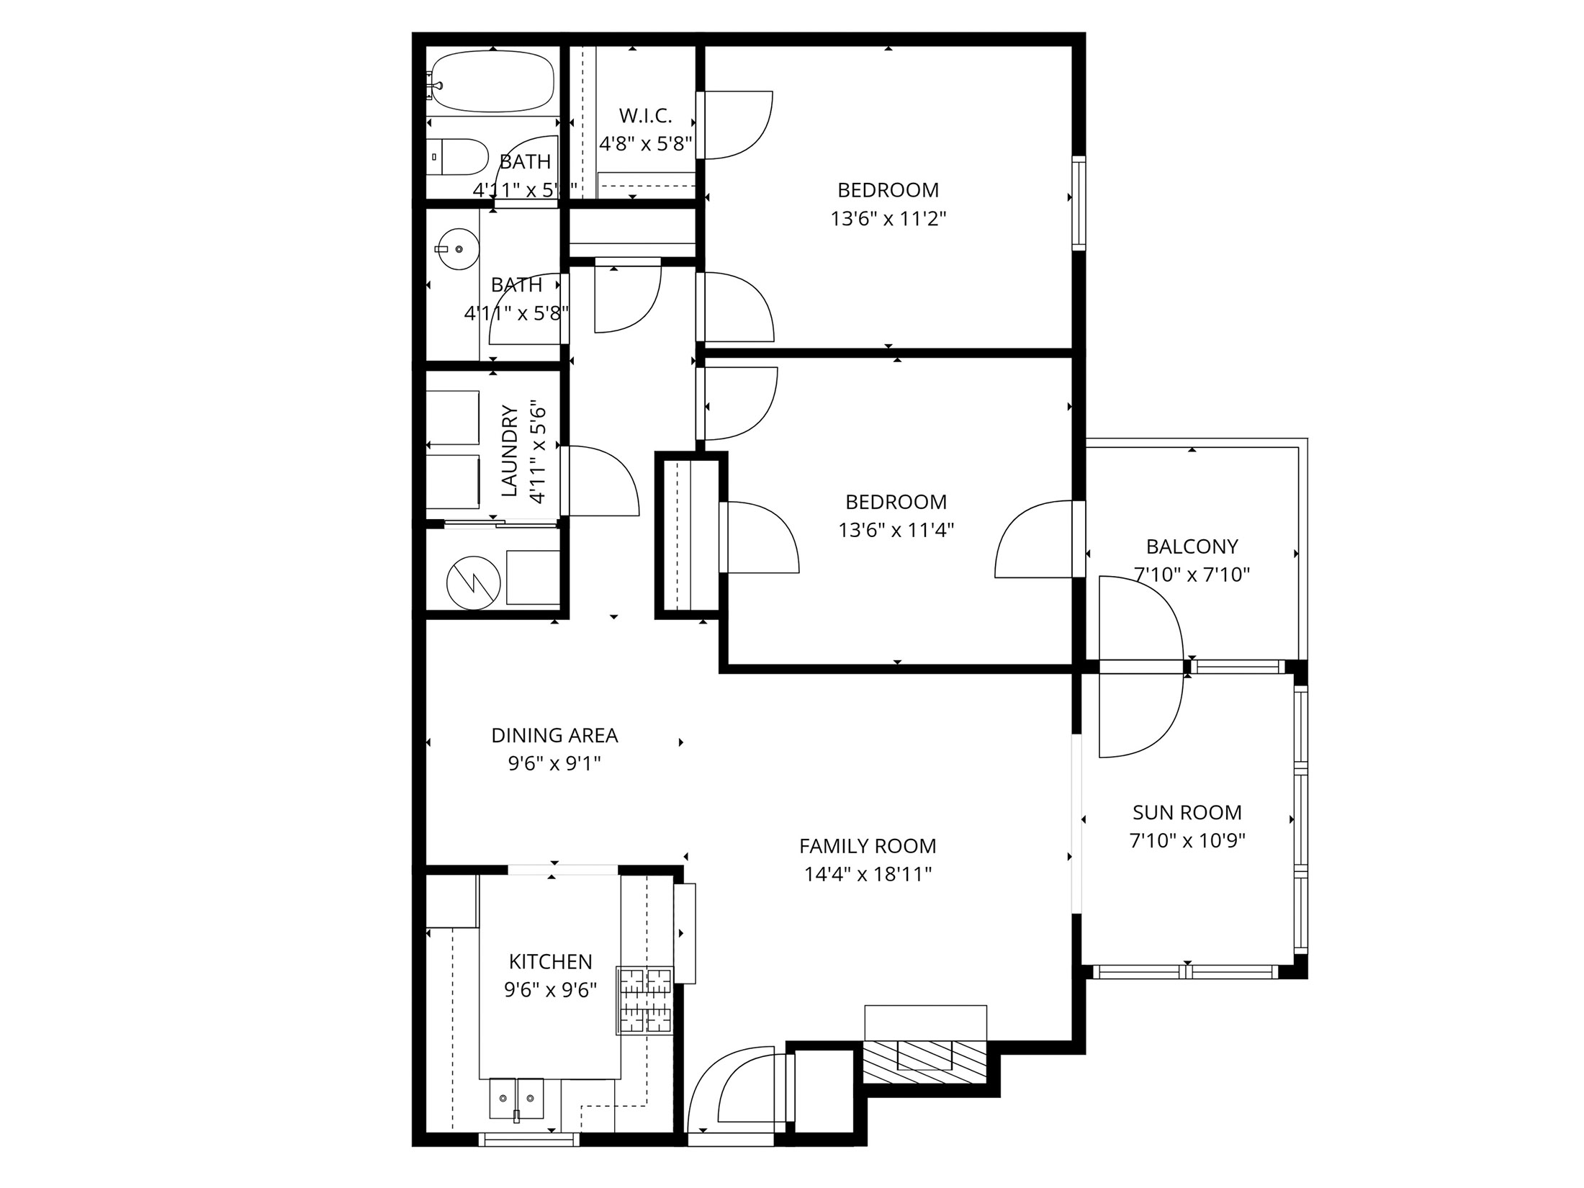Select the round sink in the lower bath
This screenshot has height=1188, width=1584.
[x=459, y=248]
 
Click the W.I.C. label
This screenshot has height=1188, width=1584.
[x=645, y=115]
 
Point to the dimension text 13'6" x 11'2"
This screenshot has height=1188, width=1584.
[x=888, y=218]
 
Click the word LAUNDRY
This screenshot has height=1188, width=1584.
[x=510, y=451]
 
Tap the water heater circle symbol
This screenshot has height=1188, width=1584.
[x=473, y=582]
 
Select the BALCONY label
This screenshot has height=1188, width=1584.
[x=1192, y=546]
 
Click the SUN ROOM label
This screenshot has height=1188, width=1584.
[x=1187, y=812]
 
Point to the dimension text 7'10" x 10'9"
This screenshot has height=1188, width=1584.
[x=1187, y=840]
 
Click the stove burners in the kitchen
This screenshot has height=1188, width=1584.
[x=645, y=1000]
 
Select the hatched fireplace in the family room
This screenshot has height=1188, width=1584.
[x=925, y=1062]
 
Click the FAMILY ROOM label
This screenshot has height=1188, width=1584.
[x=868, y=845]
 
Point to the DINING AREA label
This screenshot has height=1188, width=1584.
[x=554, y=735]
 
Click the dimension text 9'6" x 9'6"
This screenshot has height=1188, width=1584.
[x=550, y=990]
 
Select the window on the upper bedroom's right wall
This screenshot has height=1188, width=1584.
[x=1078, y=204]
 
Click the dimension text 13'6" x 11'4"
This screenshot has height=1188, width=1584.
[x=896, y=530]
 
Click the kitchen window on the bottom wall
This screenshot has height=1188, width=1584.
[x=528, y=1139]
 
